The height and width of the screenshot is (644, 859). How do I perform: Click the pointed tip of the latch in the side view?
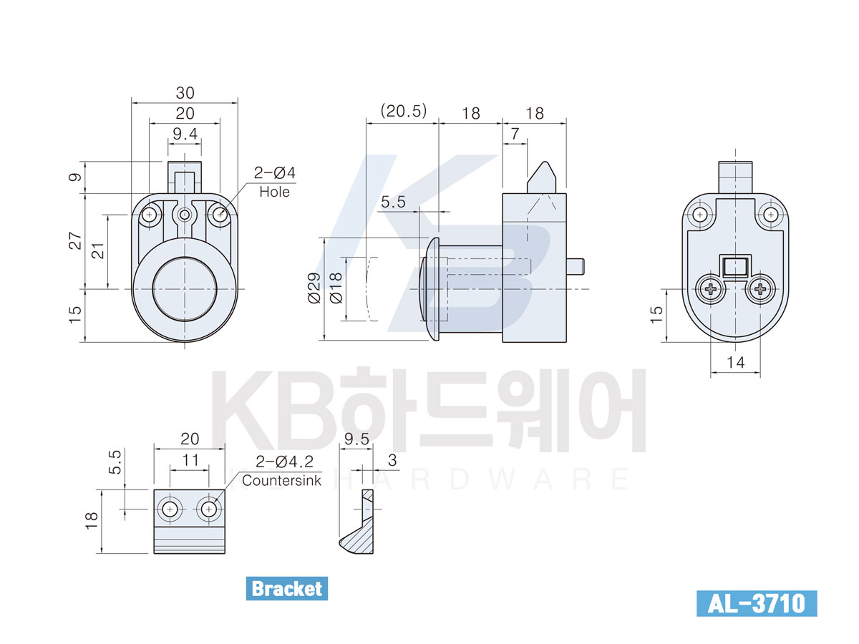click(x=544, y=162)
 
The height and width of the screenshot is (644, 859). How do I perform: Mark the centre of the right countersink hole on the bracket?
click(x=208, y=509)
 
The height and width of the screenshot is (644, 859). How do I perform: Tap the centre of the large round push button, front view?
click(x=184, y=289)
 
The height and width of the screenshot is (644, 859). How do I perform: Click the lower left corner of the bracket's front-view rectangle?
click(x=154, y=553)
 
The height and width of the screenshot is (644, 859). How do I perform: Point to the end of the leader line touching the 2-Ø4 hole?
click(x=220, y=215)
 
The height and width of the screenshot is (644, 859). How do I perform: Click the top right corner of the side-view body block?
click(x=566, y=193)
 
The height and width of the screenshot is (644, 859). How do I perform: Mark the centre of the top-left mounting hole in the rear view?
click(x=699, y=215)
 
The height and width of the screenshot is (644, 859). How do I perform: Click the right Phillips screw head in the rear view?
click(x=760, y=289)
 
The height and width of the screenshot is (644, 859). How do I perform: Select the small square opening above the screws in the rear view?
click(x=735, y=267)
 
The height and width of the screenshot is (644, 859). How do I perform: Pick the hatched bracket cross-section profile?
click(x=356, y=521)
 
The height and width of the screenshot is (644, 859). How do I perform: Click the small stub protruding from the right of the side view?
click(x=576, y=266)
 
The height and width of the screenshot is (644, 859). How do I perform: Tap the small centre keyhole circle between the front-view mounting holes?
click(x=184, y=215)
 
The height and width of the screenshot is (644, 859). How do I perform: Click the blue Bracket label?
click(x=286, y=588)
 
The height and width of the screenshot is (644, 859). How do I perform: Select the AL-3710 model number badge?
click(x=757, y=603)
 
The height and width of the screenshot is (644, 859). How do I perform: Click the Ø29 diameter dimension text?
click(x=314, y=288)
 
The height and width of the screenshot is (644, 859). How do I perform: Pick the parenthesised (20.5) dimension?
click(x=404, y=111)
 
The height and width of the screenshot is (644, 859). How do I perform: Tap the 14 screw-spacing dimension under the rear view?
click(x=735, y=363)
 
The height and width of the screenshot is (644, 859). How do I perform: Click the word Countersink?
click(x=281, y=480)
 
